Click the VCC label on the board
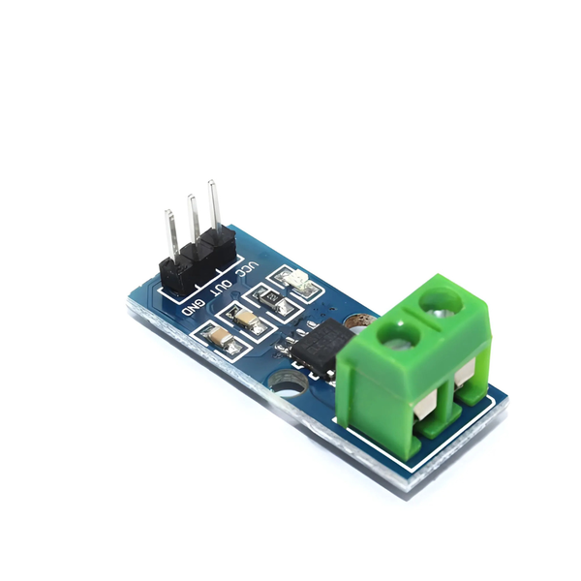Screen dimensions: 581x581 248,268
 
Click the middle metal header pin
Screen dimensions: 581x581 194,219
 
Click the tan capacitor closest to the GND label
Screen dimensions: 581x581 221,338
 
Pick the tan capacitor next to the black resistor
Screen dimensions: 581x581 248,321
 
